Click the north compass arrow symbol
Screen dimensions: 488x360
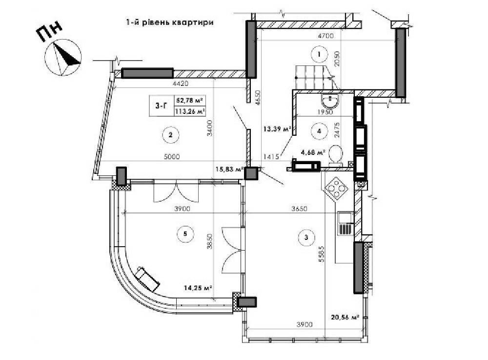[x=63, y=57]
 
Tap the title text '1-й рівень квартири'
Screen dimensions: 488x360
[x=170, y=22]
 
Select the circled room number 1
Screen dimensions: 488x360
[x=319, y=54]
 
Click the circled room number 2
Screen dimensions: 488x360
[x=170, y=135]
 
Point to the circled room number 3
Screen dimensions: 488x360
[x=306, y=237]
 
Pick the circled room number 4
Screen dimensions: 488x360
[x=319, y=131]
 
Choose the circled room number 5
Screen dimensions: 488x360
[x=185, y=233]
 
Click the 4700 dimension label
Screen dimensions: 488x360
[x=325, y=36]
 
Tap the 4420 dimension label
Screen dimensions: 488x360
[x=181, y=84]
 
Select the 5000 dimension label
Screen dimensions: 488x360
[x=172, y=157]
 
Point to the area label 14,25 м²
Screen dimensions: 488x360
[x=198, y=288]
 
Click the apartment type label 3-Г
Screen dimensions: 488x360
[x=161, y=106]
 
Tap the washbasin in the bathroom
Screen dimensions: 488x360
[x=329, y=100]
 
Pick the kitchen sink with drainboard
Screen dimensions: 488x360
[x=346, y=223]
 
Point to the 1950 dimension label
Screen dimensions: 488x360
[x=325, y=112]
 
